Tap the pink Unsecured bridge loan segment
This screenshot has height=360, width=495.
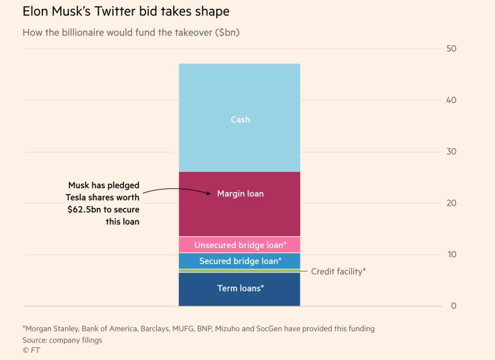pos(240,244)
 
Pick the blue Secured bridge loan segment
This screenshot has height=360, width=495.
pos(240,261)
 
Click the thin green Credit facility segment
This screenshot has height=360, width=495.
pos(240,271)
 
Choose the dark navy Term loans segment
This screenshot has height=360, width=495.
pos(240,289)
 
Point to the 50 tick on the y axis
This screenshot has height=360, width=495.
pos(451,49)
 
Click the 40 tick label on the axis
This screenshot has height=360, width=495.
pos(451,100)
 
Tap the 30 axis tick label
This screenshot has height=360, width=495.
pos(451,152)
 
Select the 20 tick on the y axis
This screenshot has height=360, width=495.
pos(451,203)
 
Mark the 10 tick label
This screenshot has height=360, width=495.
pos(451,255)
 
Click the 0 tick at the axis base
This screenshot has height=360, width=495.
pos(453,306)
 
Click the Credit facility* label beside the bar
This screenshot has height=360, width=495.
pos(338,272)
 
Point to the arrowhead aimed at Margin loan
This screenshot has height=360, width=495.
pos(211,192)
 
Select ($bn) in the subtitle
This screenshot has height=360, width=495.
pos(227,32)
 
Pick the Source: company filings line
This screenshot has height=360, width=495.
pos(62,340)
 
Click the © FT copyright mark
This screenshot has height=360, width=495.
pos(31,351)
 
